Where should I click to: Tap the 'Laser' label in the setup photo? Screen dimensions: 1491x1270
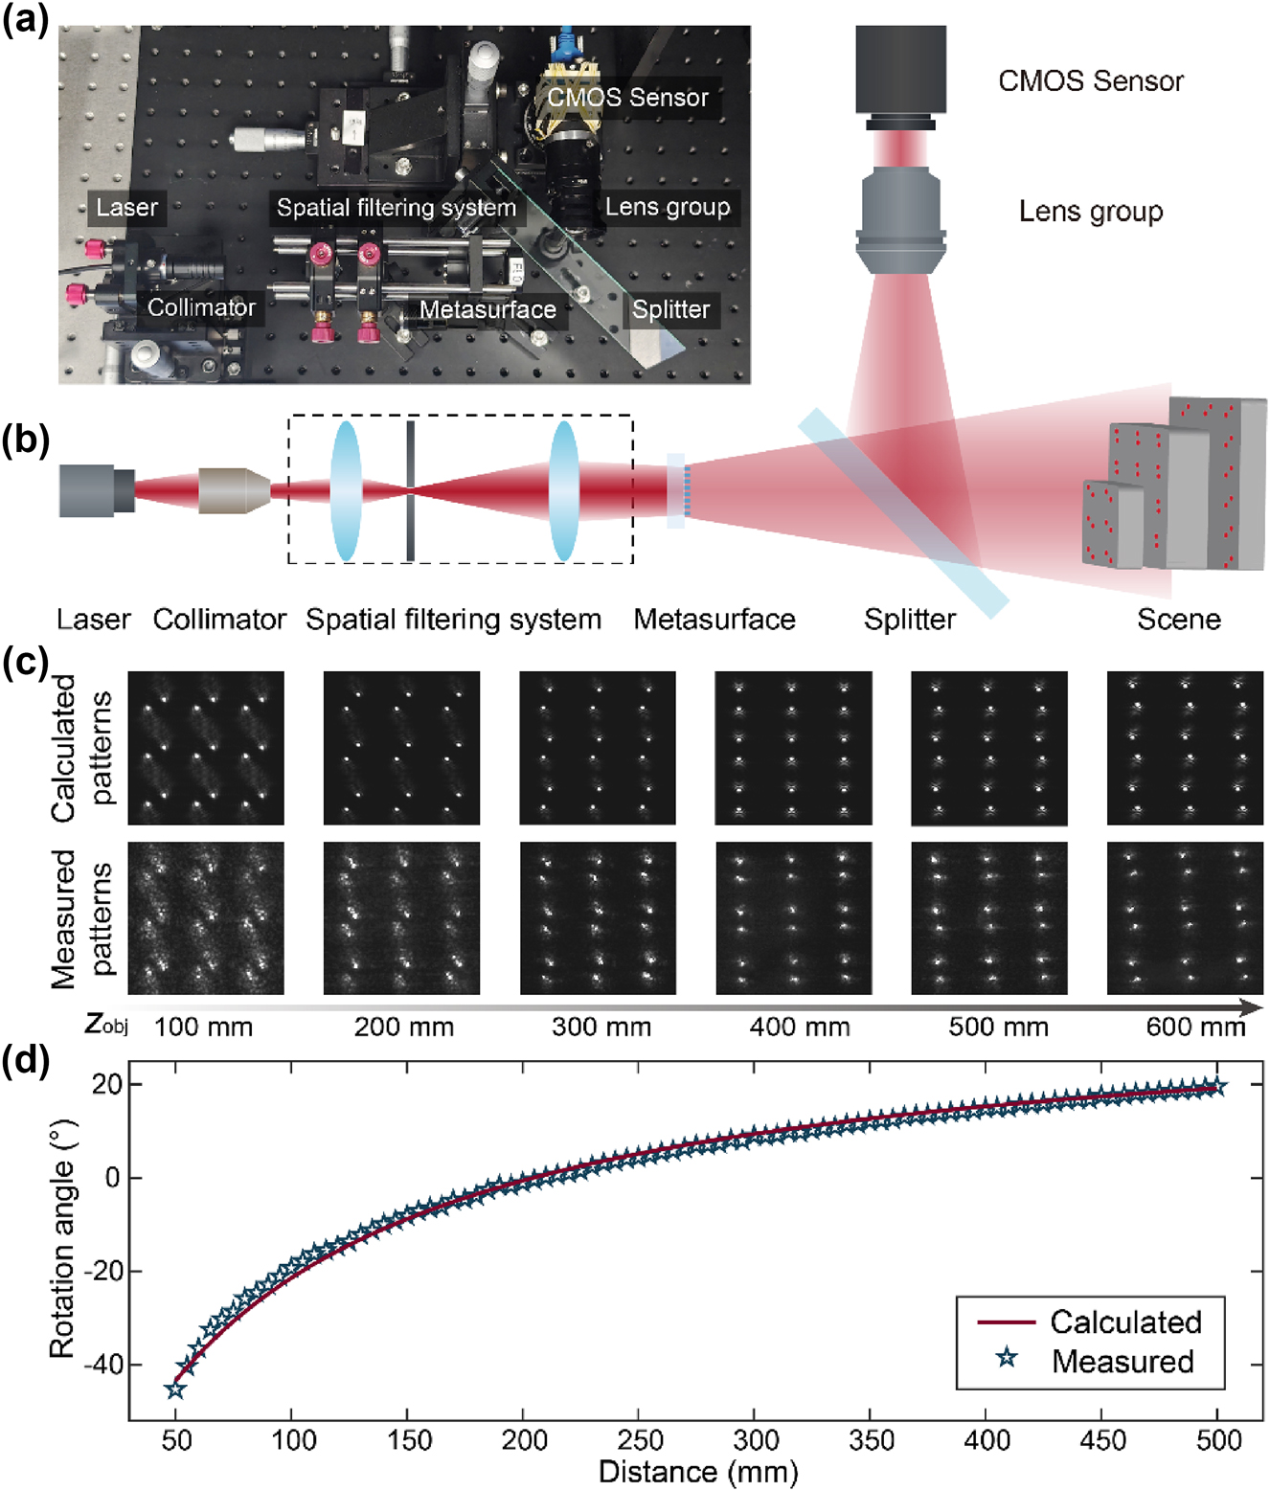(126, 207)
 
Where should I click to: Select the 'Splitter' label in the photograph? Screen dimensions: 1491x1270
(670, 309)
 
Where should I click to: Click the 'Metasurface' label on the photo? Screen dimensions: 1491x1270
(488, 309)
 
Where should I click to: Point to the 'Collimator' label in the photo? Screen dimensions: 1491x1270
(201, 307)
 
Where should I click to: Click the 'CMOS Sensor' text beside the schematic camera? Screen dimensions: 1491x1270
(1090, 81)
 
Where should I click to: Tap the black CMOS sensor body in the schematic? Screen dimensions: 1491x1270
(900, 69)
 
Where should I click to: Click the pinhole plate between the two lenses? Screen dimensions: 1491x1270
(410, 490)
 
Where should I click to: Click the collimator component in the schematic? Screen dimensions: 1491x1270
(233, 490)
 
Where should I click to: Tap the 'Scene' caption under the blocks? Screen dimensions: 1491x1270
(1178, 620)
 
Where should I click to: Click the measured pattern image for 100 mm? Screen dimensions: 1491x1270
(206, 917)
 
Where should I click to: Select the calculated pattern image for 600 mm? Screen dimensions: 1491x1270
(1185, 747)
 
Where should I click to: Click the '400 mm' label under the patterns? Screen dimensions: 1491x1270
(800, 1028)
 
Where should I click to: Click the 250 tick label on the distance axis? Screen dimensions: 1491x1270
(640, 1440)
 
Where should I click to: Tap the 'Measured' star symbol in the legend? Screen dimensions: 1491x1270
(1006, 1357)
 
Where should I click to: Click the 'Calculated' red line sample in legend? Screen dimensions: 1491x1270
(1006, 1322)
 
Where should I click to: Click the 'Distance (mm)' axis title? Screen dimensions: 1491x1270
(697, 1472)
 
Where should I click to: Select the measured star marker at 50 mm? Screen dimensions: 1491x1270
(174, 1389)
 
